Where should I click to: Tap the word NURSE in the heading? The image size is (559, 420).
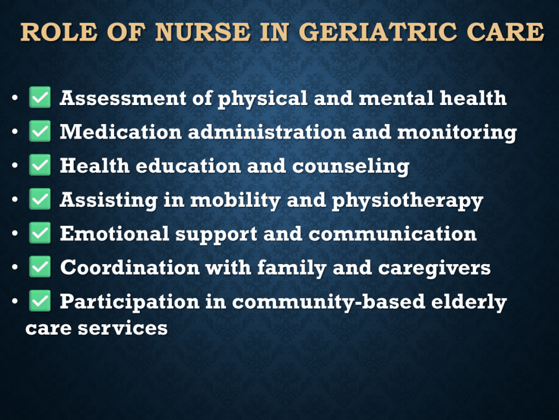click(x=203, y=32)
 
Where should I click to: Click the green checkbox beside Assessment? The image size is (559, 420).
click(x=39, y=97)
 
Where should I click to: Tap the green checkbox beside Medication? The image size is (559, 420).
click(x=39, y=131)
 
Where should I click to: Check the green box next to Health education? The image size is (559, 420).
click(x=39, y=165)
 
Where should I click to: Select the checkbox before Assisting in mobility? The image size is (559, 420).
click(x=39, y=199)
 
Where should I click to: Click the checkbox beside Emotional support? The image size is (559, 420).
click(x=39, y=233)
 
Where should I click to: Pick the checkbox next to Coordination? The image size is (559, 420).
click(x=39, y=267)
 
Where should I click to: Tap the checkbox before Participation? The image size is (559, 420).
click(x=39, y=301)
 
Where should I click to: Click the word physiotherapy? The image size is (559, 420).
click(x=407, y=201)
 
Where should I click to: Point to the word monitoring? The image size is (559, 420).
click(x=457, y=133)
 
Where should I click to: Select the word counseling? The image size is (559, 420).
click(x=351, y=167)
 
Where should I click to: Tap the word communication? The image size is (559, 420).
click(x=393, y=234)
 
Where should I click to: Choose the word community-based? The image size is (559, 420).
click(x=328, y=302)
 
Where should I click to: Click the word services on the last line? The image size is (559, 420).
click(x=123, y=329)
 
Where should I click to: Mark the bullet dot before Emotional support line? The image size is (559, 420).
click(x=15, y=233)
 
